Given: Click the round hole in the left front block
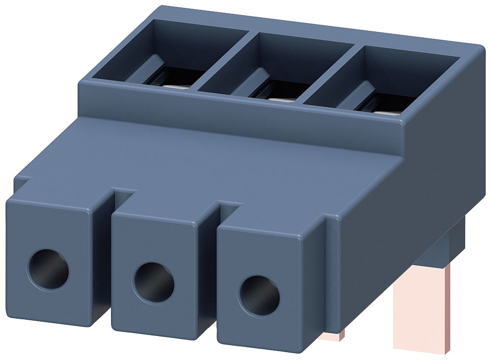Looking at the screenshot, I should [x=48, y=269].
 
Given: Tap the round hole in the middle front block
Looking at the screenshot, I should [x=154, y=282].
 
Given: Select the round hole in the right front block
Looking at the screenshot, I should [x=259, y=296].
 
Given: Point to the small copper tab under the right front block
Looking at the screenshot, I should [x=331, y=335].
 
